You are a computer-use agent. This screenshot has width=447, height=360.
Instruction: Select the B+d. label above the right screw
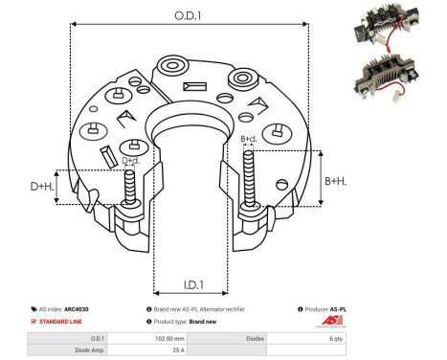pyautogui.click(x=249, y=140)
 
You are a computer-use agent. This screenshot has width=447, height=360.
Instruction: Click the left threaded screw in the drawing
pyautogui.click(x=130, y=187)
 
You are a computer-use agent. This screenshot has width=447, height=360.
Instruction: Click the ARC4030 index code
pyautogui.click(x=92, y=310)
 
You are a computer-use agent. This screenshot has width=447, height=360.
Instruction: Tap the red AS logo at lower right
pyautogui.click(x=405, y=323)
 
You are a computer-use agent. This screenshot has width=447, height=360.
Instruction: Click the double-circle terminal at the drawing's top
pyautogui.click(x=175, y=67)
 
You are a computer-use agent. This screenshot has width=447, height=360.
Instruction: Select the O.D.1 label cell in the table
pyautogui.click(x=98, y=338)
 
